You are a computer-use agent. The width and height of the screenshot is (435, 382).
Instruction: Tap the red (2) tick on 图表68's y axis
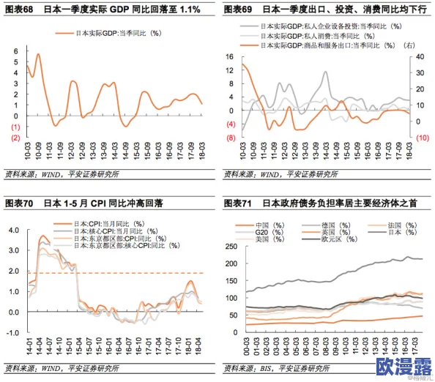[14, 138]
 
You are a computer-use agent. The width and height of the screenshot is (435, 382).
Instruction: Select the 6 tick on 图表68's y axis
[15, 50]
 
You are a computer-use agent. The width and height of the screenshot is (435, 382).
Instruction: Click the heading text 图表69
[238, 10]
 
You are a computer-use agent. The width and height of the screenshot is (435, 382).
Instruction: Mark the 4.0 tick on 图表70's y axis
[13, 230]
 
